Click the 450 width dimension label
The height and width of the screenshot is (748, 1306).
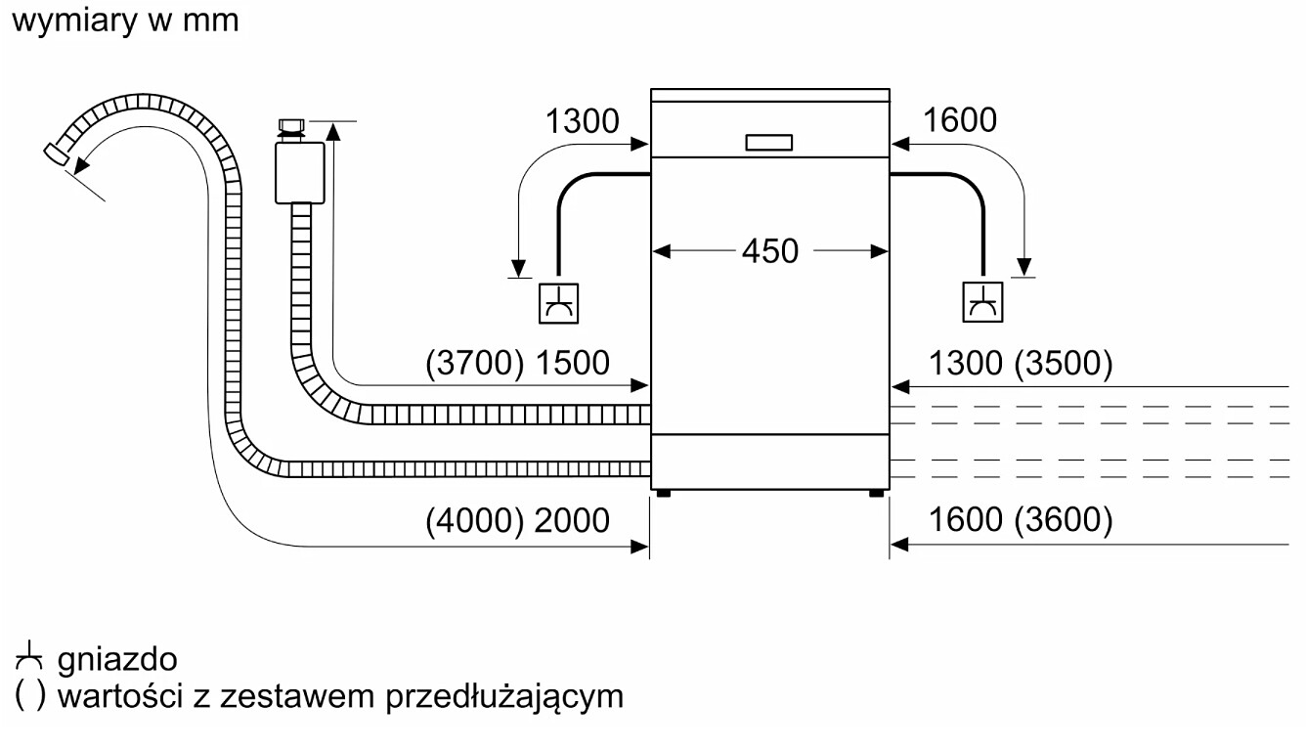point(769,251)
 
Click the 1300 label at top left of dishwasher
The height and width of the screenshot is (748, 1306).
point(582,121)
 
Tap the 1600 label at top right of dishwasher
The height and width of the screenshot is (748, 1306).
point(960,120)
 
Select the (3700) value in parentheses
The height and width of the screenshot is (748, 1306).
point(475,363)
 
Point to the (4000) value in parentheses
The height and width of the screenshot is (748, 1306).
point(475,520)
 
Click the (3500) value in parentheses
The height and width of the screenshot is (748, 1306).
point(1064,363)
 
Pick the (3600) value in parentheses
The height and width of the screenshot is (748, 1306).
point(1064,519)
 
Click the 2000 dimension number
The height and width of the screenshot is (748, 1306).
point(571,520)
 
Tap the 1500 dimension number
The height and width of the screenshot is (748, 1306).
point(572,363)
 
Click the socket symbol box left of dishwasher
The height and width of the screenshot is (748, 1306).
point(558,303)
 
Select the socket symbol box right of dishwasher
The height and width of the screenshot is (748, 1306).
point(983,302)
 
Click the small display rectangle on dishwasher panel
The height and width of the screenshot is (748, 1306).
point(769,142)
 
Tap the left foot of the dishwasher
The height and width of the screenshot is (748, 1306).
point(664,493)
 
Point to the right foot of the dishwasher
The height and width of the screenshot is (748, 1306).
point(876,493)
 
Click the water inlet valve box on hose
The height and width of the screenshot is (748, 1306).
point(300,172)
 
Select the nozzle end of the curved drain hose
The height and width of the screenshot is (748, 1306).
point(57,154)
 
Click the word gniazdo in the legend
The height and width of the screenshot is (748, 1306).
point(117,660)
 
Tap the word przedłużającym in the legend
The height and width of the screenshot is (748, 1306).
point(504,697)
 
